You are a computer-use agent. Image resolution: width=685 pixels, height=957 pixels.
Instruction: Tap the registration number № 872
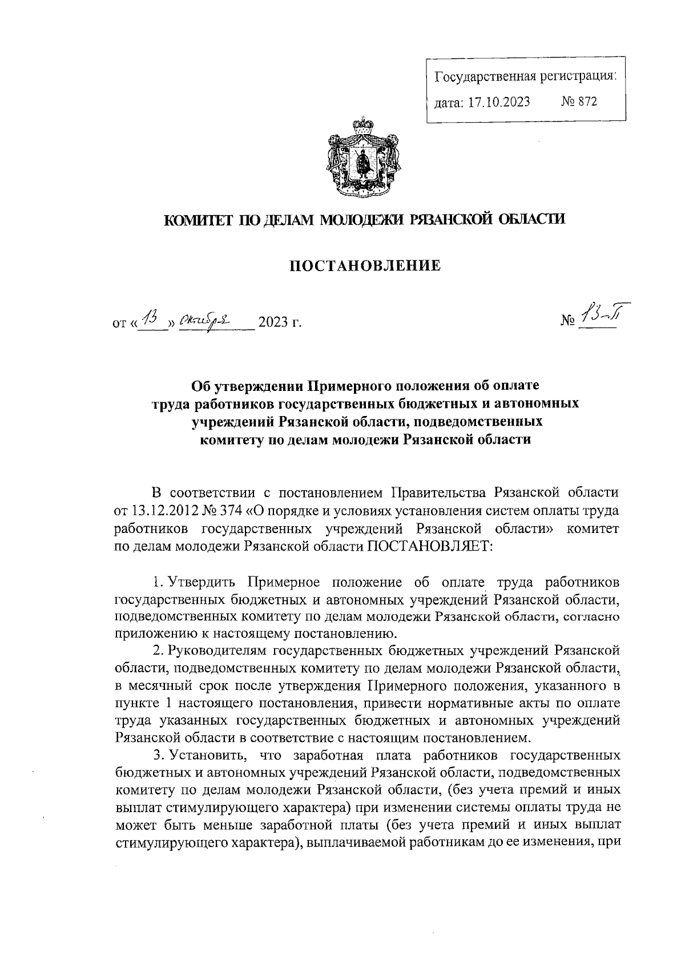[579, 102]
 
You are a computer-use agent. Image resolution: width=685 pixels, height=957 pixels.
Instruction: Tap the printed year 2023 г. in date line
[279, 324]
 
